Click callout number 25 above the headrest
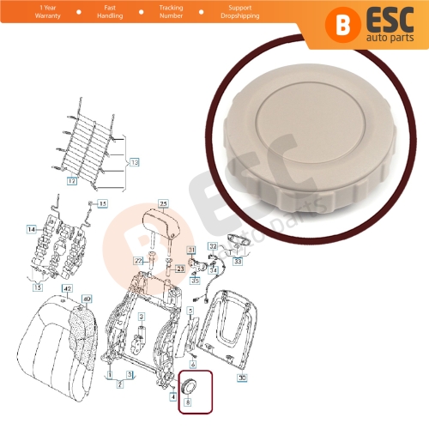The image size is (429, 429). [x=164, y=202]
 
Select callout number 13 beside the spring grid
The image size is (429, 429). [x=132, y=160]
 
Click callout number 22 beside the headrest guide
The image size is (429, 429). [x=137, y=260]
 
